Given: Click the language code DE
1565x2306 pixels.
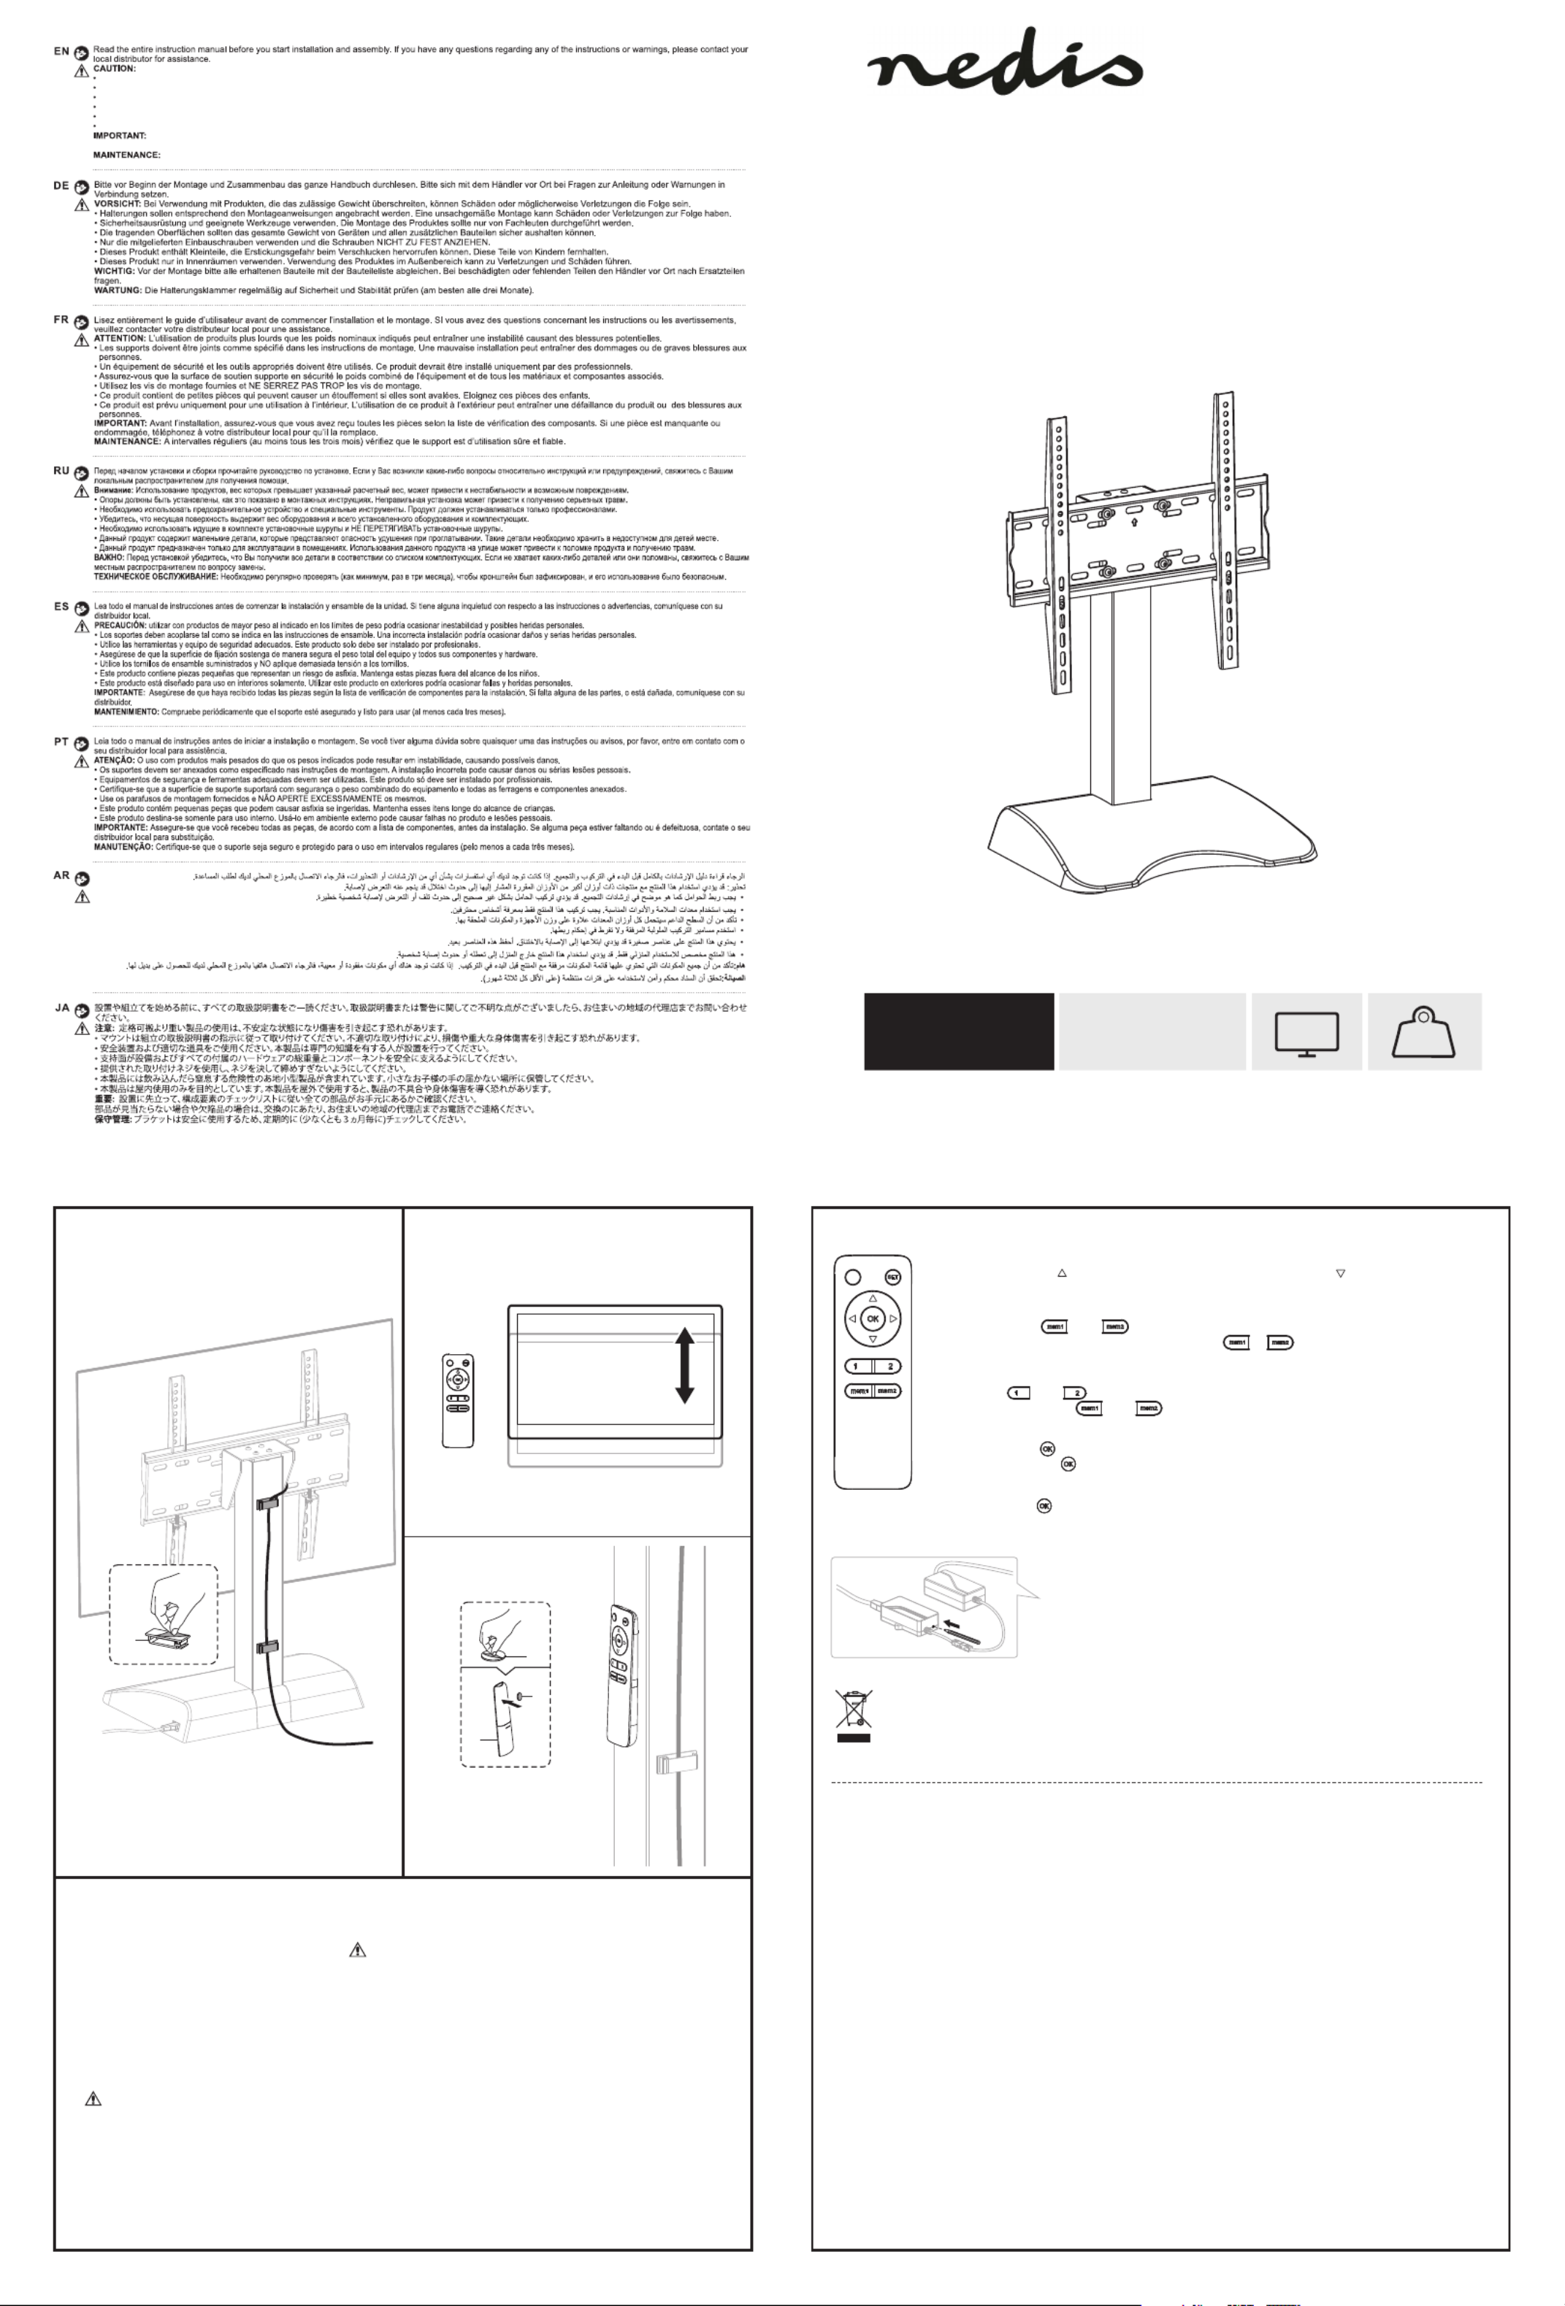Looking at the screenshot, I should pos(61,185).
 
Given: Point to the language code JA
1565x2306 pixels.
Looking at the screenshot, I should pos(61,1007).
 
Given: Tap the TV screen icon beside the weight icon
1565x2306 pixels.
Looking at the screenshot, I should pos(1306,1033).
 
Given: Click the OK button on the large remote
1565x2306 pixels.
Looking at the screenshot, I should pos(872,1319).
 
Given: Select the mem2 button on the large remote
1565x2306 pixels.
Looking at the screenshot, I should pos(887,1390).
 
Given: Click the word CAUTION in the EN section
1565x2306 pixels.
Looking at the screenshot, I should pos(114,69).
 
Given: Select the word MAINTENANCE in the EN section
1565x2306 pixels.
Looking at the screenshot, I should pos(127,155).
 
